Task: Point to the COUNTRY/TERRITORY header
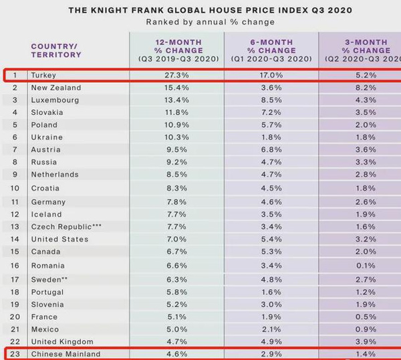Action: point(56,50)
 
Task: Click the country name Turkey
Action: point(43,75)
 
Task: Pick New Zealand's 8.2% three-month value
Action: point(367,88)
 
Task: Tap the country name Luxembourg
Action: point(55,100)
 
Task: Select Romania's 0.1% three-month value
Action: point(367,266)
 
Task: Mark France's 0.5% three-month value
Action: point(367,317)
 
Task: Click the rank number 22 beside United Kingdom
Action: point(16,341)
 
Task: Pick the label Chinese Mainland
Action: point(65,353)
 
